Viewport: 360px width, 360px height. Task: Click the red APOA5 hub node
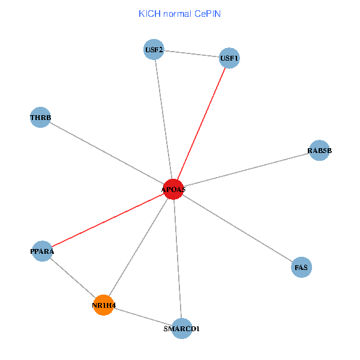click(173, 189)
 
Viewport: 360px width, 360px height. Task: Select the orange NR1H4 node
click(104, 305)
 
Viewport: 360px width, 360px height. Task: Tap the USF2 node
click(154, 49)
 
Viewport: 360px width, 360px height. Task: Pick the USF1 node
click(229, 58)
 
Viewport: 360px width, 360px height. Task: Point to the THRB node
click(40, 117)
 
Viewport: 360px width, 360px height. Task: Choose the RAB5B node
click(319, 151)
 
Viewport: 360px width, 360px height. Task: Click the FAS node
click(301, 266)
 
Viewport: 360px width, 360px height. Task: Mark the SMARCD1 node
click(182, 328)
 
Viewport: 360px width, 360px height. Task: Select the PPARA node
click(42, 251)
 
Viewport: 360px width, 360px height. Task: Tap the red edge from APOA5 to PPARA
click(107, 220)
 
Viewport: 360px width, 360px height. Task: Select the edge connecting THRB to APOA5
click(107, 153)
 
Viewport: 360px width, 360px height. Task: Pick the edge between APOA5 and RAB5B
click(246, 170)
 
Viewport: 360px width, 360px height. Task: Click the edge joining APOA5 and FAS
click(237, 228)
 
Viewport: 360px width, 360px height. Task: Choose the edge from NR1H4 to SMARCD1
click(143, 317)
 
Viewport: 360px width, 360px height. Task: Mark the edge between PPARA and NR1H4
click(73, 278)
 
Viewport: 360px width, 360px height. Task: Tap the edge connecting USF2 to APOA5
click(163, 119)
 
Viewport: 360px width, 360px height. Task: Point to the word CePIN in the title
click(208, 13)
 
